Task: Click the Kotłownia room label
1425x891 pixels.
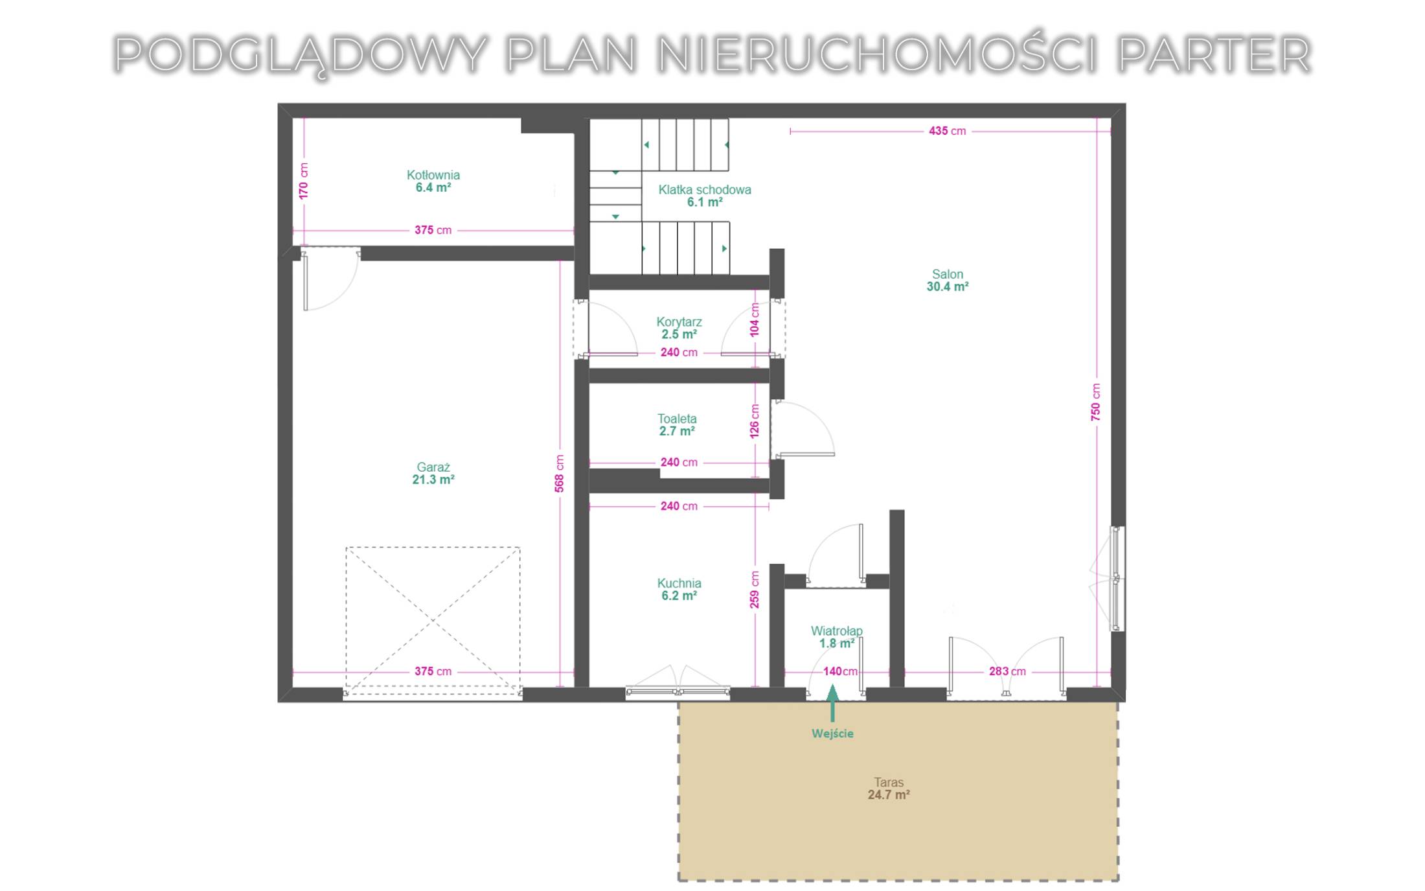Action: coord(433,181)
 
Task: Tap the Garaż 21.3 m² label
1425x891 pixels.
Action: coord(433,474)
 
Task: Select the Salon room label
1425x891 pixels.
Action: coord(948,281)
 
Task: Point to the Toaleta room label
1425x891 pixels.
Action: coord(678,425)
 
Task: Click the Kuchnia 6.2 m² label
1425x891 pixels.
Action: coord(679,590)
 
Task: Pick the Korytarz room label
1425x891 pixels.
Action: coord(679,328)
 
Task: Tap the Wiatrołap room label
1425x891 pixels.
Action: coord(837,637)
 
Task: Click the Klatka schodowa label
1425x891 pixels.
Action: coord(705,196)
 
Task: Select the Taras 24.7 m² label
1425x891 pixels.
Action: coord(889,789)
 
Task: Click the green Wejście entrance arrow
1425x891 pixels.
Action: coord(833,703)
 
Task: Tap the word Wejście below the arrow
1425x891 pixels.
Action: coord(833,734)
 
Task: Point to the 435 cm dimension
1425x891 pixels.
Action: coord(947,131)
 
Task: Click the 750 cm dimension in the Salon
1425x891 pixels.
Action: coord(1095,402)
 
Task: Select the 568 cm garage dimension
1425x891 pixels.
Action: coord(560,474)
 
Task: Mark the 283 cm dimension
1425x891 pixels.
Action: coord(1007,671)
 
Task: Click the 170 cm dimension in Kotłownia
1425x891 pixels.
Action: coord(304,181)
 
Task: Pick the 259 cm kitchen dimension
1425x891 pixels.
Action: coord(755,590)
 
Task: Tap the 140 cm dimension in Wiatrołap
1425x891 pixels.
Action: coord(840,671)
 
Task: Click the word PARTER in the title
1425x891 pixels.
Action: coord(1214,54)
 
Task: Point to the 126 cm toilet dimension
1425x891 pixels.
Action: coord(755,421)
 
